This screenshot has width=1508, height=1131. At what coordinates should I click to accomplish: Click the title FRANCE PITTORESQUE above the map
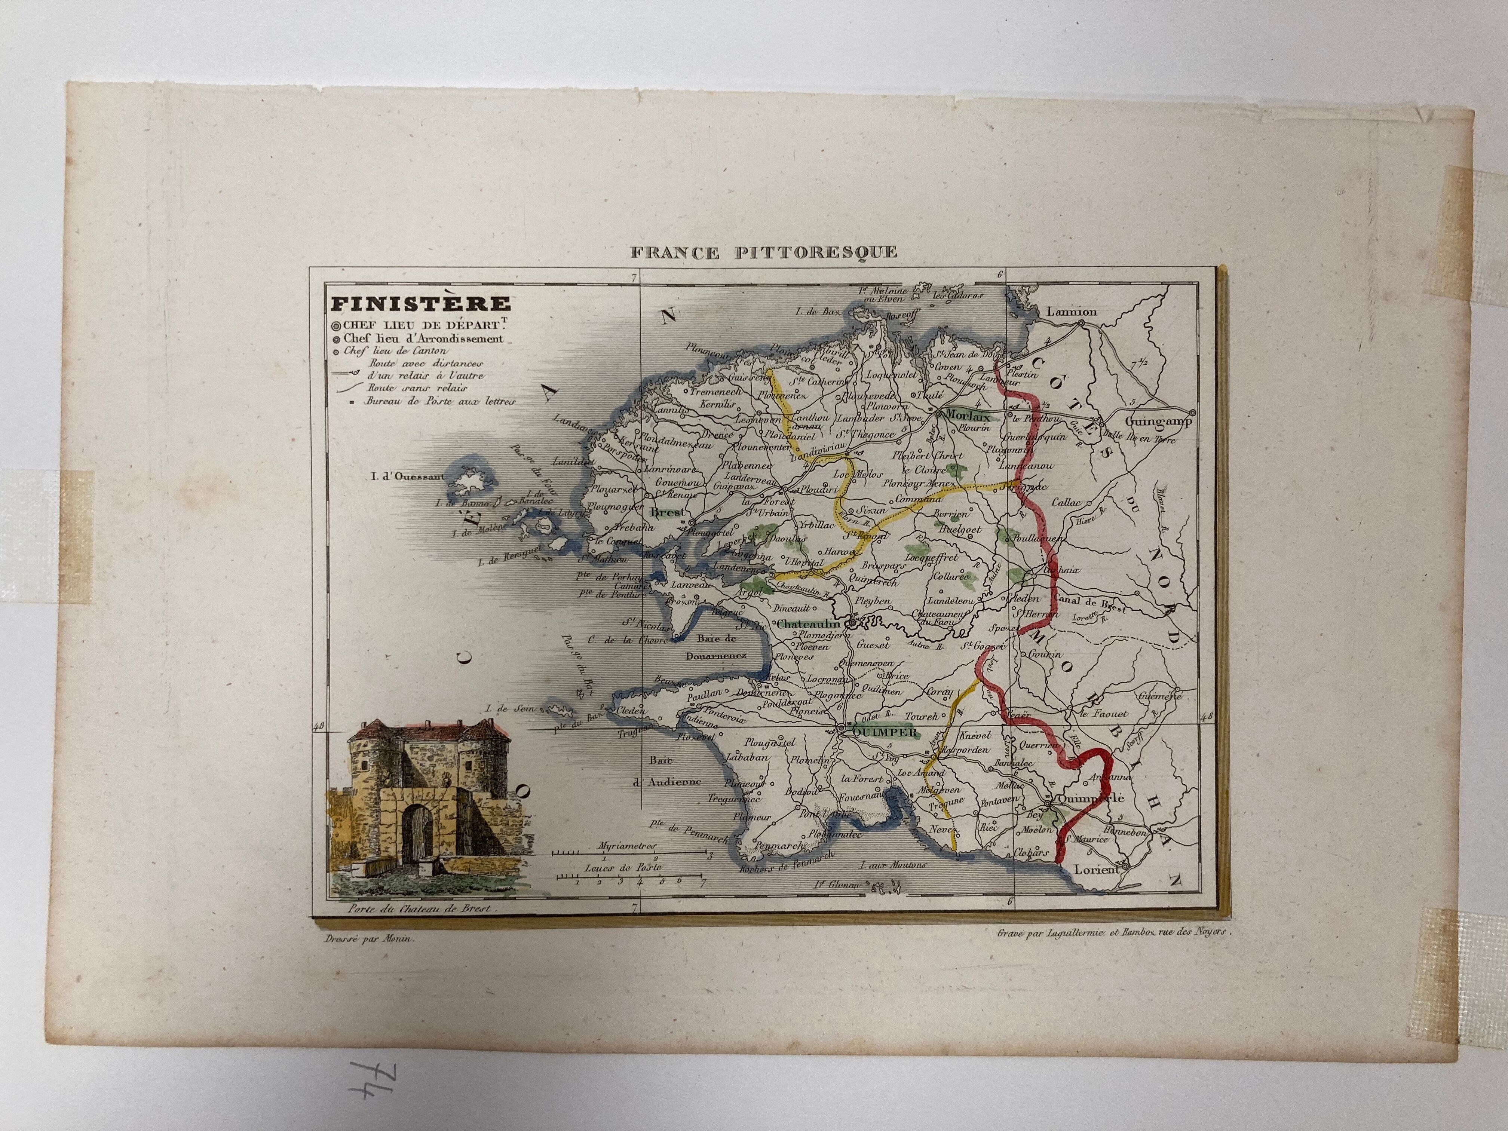[x=764, y=252]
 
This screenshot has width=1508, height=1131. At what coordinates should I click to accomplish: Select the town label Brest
[x=668, y=511]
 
